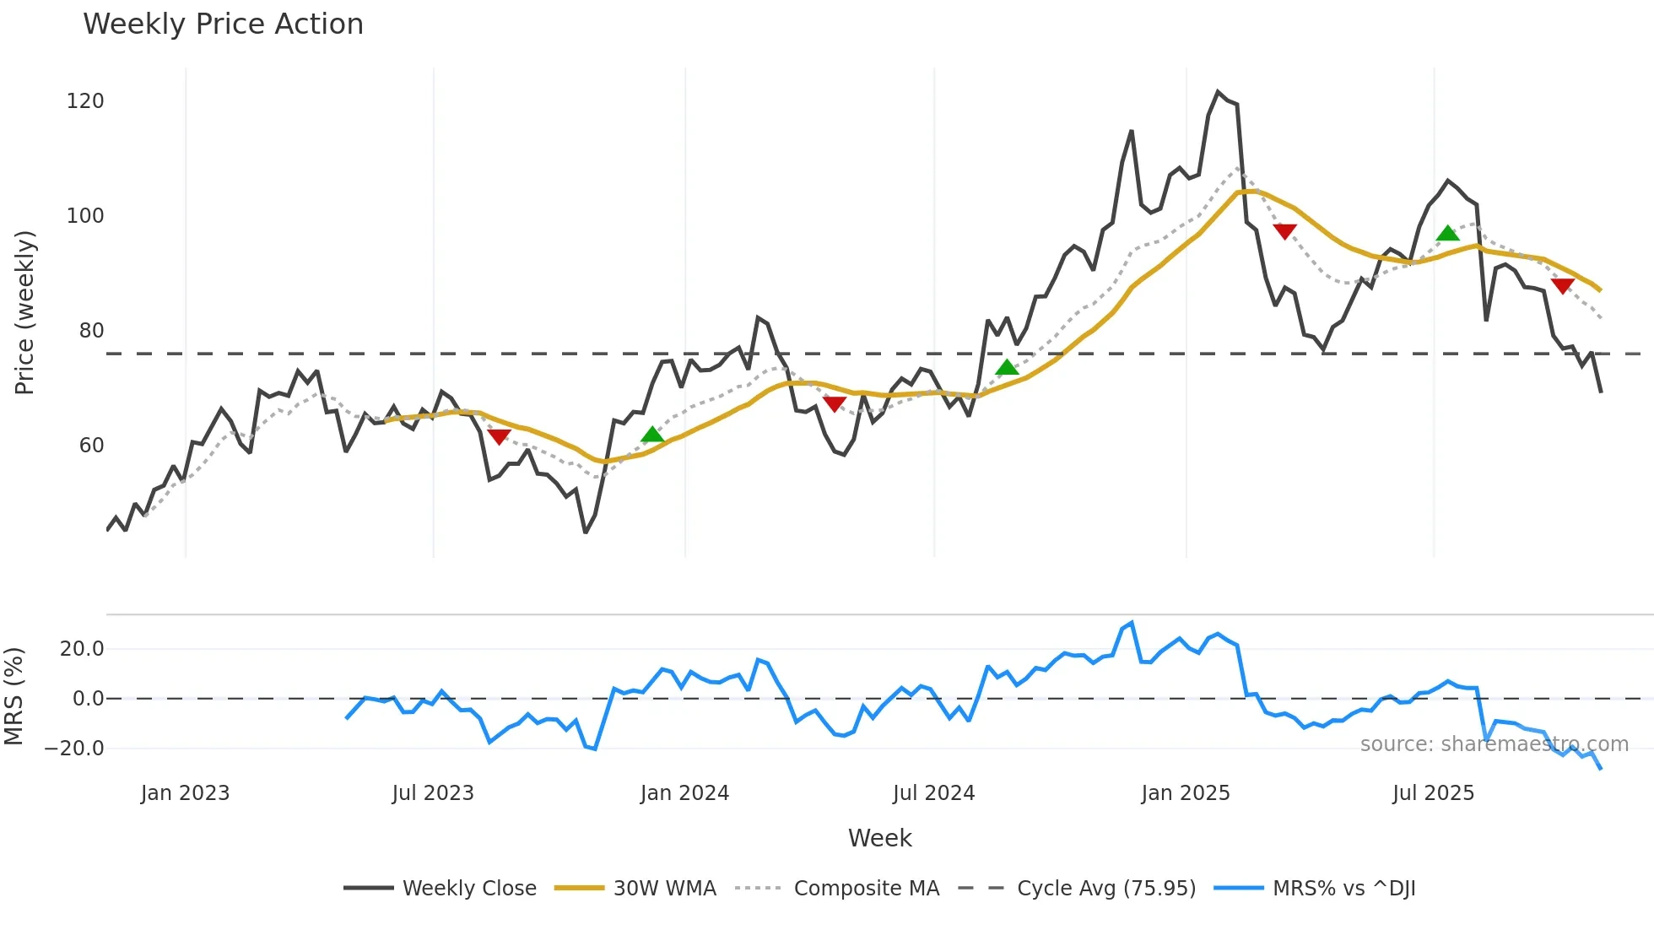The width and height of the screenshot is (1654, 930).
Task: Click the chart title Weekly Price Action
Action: pyautogui.click(x=223, y=24)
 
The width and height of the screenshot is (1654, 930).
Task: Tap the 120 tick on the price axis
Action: pyautogui.click(x=85, y=101)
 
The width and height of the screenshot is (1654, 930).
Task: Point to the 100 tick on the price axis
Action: pyautogui.click(x=85, y=216)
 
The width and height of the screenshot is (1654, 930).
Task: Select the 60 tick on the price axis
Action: pyautogui.click(x=91, y=446)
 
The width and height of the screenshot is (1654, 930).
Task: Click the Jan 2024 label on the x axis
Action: pyautogui.click(x=684, y=793)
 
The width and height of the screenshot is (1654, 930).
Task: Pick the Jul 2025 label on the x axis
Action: pyautogui.click(x=1433, y=793)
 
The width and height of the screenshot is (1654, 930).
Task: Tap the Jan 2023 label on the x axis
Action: pyautogui.click(x=185, y=793)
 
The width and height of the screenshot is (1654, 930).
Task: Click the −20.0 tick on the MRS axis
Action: pyautogui.click(x=74, y=749)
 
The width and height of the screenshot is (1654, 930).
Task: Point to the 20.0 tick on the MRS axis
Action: pyautogui.click(x=82, y=649)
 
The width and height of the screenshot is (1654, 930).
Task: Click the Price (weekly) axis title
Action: pyautogui.click(x=24, y=312)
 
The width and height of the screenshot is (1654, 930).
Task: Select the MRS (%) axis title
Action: pyautogui.click(x=14, y=696)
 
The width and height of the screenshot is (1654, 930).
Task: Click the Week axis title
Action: pyautogui.click(x=879, y=838)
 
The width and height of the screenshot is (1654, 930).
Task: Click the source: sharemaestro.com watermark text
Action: pyautogui.click(x=1494, y=744)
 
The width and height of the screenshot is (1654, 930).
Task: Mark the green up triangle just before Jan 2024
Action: pyautogui.click(x=652, y=435)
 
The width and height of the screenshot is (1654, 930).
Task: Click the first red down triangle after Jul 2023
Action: pyautogui.click(x=499, y=436)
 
